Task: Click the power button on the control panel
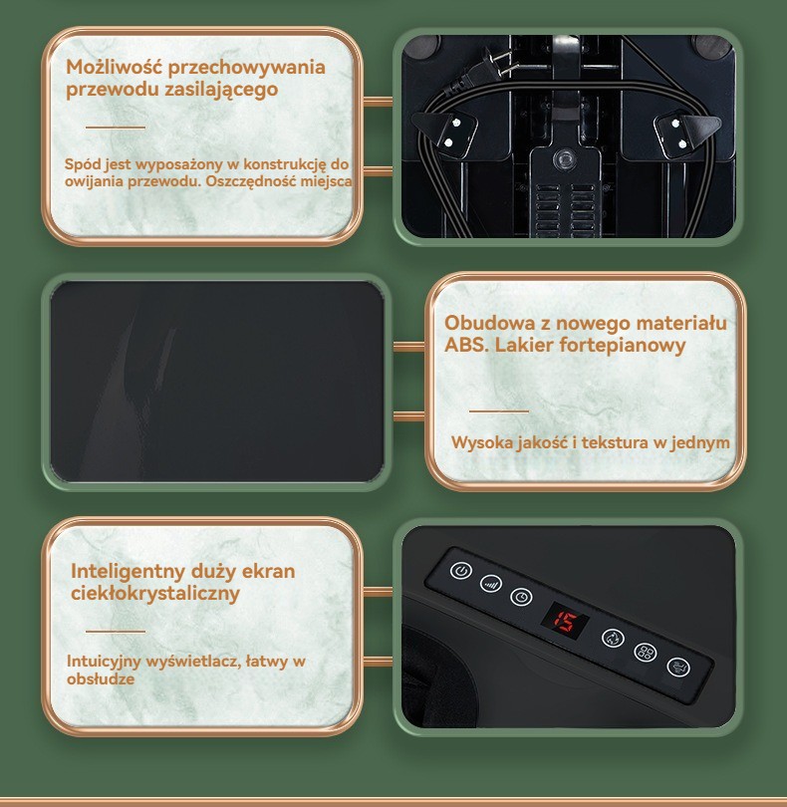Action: pyautogui.click(x=460, y=570)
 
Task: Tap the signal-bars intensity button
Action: pyautogui.click(x=491, y=584)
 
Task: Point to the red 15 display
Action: pyautogui.click(x=565, y=622)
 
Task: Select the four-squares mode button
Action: pyautogui.click(x=645, y=653)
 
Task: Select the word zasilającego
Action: pyautogui.click(x=221, y=90)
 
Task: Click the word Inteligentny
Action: pyautogui.click(x=128, y=572)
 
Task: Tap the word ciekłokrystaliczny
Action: pyautogui.click(x=155, y=594)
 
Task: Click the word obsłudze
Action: pyautogui.click(x=101, y=678)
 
